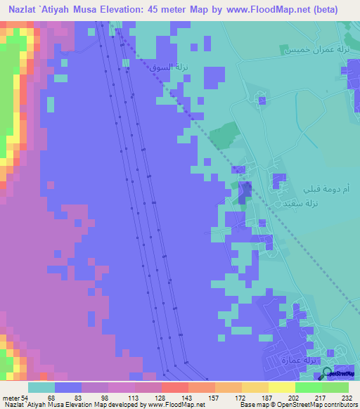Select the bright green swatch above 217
tap(307, 387)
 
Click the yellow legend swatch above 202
tap(281, 387)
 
